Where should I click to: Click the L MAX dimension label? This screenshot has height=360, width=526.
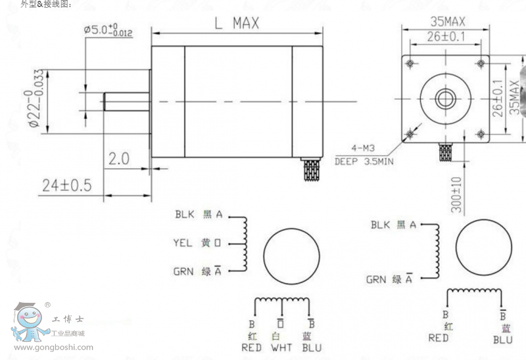(x=237, y=24)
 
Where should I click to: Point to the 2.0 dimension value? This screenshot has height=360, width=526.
(x=118, y=159)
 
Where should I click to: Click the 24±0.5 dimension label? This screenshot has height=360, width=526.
(x=66, y=186)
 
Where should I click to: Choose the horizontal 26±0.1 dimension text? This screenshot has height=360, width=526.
(x=445, y=37)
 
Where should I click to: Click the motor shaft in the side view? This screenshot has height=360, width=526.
(x=126, y=101)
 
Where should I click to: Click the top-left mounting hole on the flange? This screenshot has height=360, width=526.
(x=410, y=64)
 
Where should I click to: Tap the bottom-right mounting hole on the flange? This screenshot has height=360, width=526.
(x=481, y=135)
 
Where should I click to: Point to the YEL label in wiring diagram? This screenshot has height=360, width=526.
(x=183, y=242)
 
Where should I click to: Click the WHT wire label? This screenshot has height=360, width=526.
(x=281, y=348)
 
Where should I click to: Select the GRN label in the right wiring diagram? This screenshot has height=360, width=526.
(x=376, y=279)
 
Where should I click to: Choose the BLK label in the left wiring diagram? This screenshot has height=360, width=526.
(x=183, y=214)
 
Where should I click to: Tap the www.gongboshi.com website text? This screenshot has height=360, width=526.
(x=53, y=348)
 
